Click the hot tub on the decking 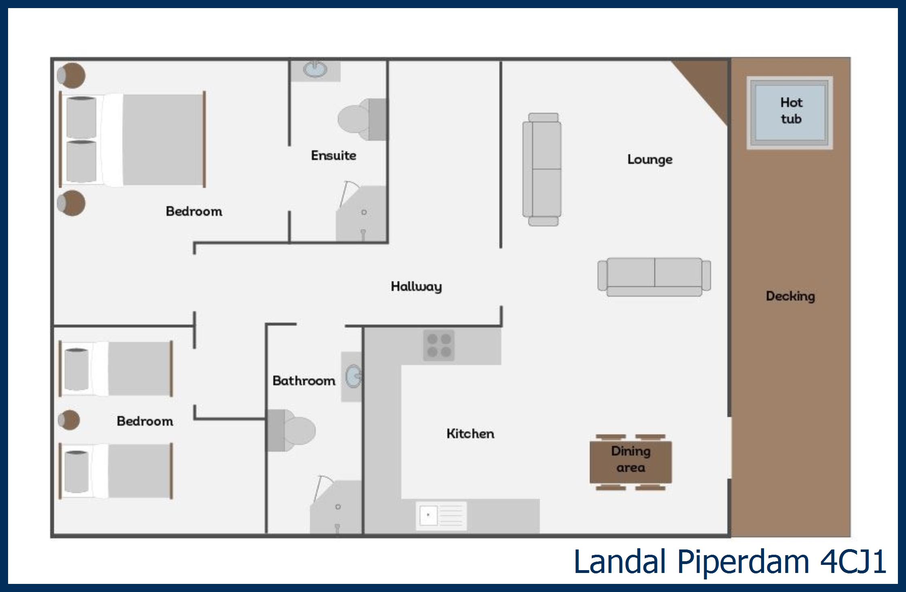pos(790,113)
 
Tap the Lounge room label pos(650,160)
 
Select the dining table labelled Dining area pos(631,462)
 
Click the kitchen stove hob pos(439,345)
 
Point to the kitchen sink pos(441,515)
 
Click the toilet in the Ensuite pos(362,119)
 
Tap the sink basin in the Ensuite pos(315,69)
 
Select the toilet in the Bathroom pos(290,430)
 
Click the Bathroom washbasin pos(353,377)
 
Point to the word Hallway pos(416,287)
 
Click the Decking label pos(790,296)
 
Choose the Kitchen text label pos(470,434)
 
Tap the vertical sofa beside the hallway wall pos(542,169)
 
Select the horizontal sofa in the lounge pos(654,277)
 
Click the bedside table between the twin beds pos(69,420)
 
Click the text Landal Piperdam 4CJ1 pos(730,562)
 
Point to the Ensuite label pos(334,155)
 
